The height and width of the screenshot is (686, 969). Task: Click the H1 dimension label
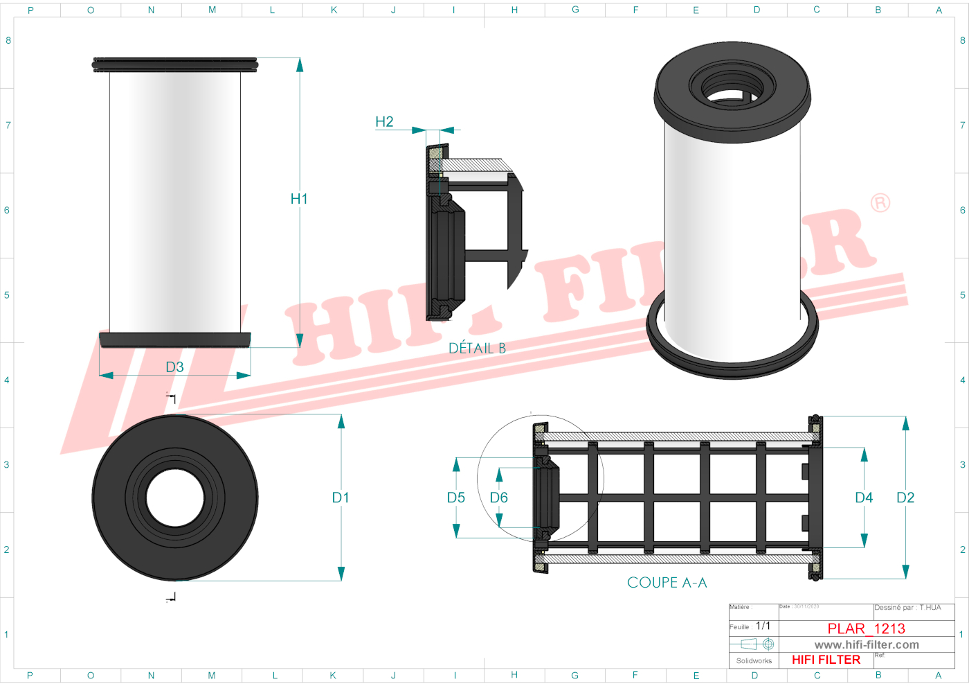click(299, 199)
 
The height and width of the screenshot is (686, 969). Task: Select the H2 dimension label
click(384, 122)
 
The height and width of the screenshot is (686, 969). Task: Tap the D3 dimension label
click(174, 367)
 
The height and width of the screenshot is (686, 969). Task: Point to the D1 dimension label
click(341, 498)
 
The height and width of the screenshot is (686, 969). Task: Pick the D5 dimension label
click(456, 498)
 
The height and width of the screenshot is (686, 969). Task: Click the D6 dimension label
click(499, 498)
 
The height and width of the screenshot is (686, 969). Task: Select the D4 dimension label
click(864, 498)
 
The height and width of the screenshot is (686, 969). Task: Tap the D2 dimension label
click(905, 498)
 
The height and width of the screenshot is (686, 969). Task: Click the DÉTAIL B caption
click(478, 349)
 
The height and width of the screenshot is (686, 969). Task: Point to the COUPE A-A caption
click(667, 583)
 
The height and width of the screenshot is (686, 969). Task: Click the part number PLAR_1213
click(867, 628)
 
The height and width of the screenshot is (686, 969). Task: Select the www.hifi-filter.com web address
click(867, 644)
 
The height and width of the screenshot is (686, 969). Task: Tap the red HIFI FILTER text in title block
click(826, 660)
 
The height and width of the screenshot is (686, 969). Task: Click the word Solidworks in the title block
click(754, 661)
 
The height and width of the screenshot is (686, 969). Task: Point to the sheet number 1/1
click(763, 626)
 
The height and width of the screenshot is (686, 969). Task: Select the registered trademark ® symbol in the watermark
click(880, 203)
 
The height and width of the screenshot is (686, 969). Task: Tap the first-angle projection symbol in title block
click(757, 644)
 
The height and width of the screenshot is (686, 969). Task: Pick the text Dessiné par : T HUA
click(907, 608)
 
